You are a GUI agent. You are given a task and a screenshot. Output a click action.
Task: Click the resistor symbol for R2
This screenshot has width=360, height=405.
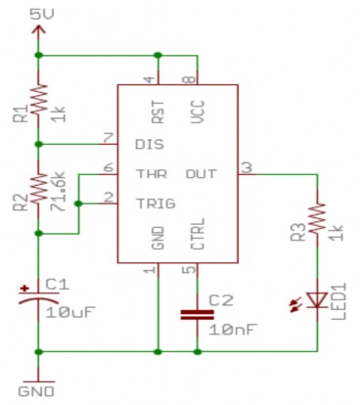38,189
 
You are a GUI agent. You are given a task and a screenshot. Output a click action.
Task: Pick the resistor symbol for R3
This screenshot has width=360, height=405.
318,221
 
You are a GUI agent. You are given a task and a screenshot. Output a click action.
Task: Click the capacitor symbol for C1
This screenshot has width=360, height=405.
38,298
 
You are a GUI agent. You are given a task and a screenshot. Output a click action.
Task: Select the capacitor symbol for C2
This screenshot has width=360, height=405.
198,315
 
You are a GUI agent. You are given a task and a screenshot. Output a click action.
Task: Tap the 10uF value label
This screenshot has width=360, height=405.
72,312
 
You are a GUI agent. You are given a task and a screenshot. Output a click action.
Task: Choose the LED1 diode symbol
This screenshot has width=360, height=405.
318,299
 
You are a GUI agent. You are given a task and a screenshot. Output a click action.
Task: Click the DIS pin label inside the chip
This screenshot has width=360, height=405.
147,144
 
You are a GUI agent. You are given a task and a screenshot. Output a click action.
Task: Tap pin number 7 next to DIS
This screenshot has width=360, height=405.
109,136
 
